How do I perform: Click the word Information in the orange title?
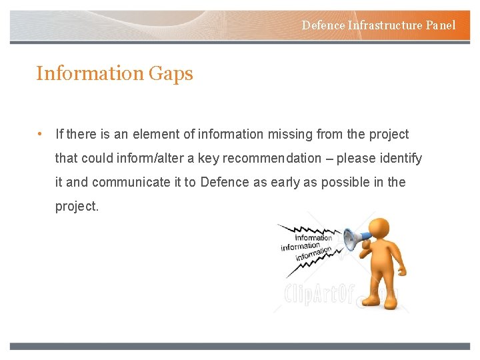[89, 73]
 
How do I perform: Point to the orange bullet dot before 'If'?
[41, 134]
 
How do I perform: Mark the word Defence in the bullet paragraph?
[225, 182]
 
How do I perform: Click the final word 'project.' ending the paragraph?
[77, 207]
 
